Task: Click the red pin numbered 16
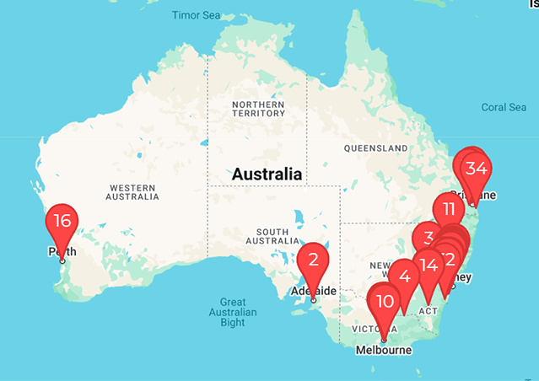click(62, 222)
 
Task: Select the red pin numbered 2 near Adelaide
click(313, 260)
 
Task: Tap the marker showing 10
click(385, 302)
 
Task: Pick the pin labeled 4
click(405, 276)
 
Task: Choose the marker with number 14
click(429, 265)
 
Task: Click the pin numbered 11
click(448, 210)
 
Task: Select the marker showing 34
click(476, 168)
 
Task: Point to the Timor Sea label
click(197, 15)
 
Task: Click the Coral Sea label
click(504, 107)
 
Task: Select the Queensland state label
click(375, 148)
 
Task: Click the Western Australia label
click(132, 190)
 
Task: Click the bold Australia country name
click(267, 174)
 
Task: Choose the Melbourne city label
click(384, 349)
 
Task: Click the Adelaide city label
click(314, 292)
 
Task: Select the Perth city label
click(62, 251)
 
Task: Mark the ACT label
click(429, 310)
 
